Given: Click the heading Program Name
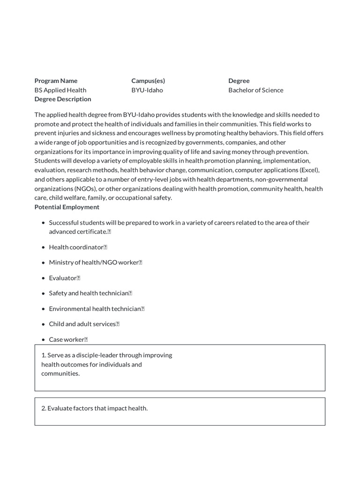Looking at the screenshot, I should (x=56, y=81).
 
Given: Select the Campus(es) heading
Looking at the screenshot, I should (x=148, y=81).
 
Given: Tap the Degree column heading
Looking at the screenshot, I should (x=239, y=81).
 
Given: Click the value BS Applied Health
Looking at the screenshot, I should (x=60, y=90).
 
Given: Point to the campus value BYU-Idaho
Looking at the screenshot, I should (x=147, y=90).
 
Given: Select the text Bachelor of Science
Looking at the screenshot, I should (x=255, y=90).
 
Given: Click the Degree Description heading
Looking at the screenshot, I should (x=63, y=99).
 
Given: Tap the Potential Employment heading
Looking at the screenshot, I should (x=67, y=207).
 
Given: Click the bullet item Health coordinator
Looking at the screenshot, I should (x=75, y=247).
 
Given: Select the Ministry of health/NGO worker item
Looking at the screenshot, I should (x=93, y=262).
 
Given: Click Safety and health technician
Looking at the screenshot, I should (x=89, y=293).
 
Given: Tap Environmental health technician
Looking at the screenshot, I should (x=95, y=308).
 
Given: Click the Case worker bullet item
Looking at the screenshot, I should (x=66, y=339).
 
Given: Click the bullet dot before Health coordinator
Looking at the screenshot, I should (x=43, y=247).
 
